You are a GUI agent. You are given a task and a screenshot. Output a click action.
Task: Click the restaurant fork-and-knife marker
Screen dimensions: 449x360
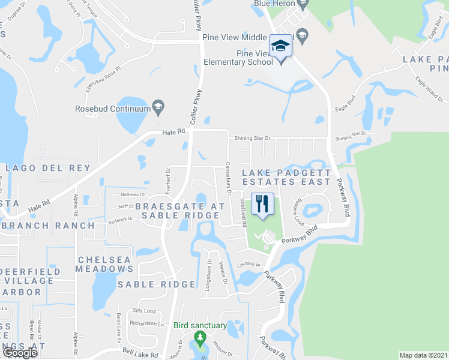click(x=262, y=203)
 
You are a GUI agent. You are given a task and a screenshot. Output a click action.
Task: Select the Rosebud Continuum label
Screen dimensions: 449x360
click(x=112, y=109)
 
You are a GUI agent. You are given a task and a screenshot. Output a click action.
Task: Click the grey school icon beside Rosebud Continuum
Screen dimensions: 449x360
click(x=158, y=107)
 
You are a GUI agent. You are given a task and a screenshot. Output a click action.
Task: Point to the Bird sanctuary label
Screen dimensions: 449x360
click(x=200, y=326)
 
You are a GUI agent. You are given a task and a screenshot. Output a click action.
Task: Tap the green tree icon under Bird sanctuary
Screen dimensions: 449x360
click(x=200, y=340)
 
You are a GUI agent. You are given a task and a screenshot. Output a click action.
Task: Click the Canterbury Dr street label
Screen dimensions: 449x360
click(x=229, y=179)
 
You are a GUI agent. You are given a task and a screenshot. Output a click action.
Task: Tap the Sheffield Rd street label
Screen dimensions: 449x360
click(x=244, y=213)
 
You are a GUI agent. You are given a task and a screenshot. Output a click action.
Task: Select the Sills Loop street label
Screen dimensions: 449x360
click(x=144, y=311)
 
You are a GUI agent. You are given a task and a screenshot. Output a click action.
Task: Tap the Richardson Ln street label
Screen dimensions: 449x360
click(x=147, y=324)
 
